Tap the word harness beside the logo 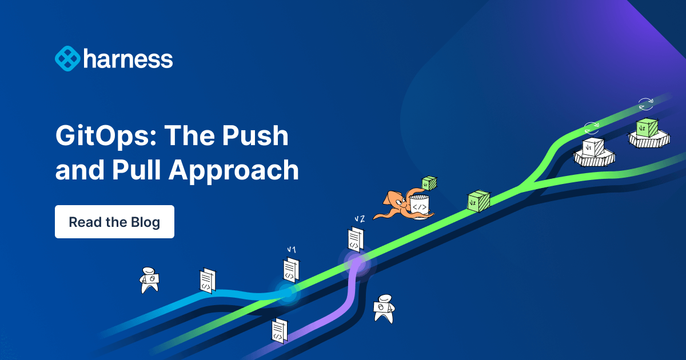coord(127,59)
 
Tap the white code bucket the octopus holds coord(419,205)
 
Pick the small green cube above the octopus coord(429,183)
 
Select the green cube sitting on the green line coord(478,201)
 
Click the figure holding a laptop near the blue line coord(150,280)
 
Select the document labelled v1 coord(291,269)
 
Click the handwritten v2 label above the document coord(359,219)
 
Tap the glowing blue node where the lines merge coord(288,293)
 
